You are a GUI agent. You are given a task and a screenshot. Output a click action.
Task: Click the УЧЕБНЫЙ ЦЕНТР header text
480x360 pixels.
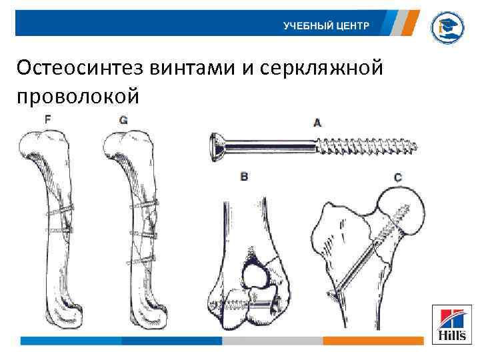point(325,27)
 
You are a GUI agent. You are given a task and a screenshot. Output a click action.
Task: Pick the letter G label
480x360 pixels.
point(123,119)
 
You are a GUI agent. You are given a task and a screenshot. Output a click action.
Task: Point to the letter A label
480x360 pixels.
point(317,122)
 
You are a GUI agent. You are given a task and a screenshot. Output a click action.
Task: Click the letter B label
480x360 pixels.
point(245,177)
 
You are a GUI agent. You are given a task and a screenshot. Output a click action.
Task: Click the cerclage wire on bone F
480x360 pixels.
point(59,211)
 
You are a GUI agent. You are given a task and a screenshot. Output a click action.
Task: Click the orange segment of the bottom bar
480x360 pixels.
point(373,341)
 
